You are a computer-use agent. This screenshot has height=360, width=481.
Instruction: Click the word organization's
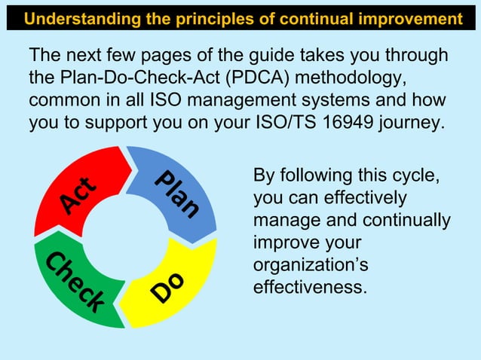tap(299, 266)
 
